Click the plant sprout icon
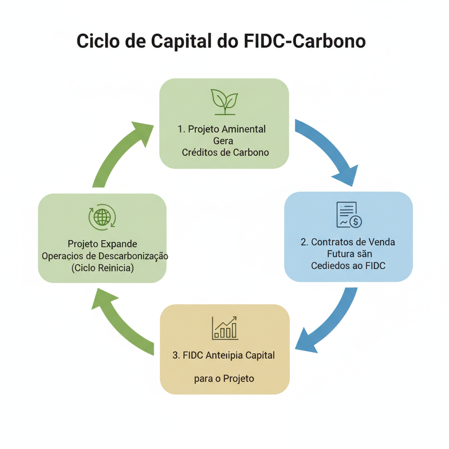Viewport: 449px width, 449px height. click(x=224, y=101)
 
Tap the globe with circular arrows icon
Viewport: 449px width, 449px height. click(x=102, y=217)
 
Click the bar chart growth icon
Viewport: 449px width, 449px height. click(x=225, y=328)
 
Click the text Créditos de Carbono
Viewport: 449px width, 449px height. click(x=225, y=152)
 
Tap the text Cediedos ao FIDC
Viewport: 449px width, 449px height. click(x=349, y=265)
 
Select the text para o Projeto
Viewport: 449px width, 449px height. click(x=224, y=378)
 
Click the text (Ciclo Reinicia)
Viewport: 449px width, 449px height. click(x=103, y=268)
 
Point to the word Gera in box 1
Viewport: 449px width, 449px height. click(x=223, y=141)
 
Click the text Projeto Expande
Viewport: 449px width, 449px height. click(x=103, y=244)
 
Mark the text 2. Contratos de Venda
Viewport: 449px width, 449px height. click(x=348, y=242)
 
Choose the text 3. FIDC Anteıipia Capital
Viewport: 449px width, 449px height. click(x=224, y=355)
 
